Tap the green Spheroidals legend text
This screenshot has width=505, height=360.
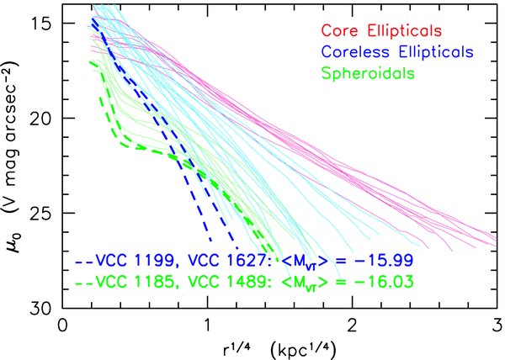pos(368,74)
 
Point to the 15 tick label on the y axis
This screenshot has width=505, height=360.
pos(41,24)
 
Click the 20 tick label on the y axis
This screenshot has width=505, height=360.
pos(41,119)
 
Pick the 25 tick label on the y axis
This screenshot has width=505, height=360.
pos(41,214)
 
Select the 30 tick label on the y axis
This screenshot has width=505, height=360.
pos(41,309)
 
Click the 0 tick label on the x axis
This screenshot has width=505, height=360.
pos(62,326)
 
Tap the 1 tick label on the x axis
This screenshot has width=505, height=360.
pos(207,326)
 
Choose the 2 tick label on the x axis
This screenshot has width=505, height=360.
pos(353,326)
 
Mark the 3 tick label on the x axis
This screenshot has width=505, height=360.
pos(497,326)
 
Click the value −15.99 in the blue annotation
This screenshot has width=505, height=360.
pos(383,261)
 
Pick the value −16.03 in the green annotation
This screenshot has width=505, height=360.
pos(383,282)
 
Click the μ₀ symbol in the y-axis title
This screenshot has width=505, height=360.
pos(13,244)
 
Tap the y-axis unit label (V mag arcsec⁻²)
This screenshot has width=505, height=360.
pos(10,138)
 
